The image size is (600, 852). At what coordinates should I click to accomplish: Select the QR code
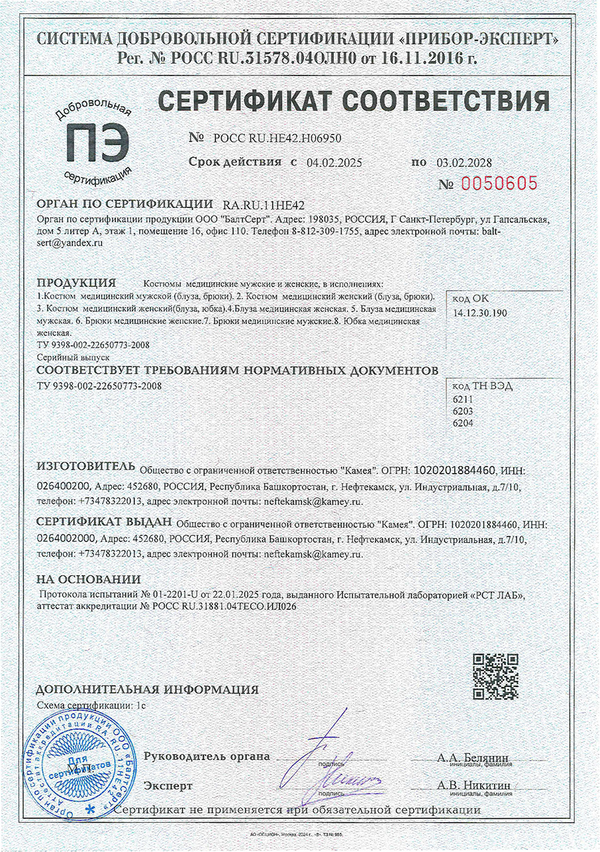pos(495,675)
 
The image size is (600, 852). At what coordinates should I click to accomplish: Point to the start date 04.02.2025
pos(335,162)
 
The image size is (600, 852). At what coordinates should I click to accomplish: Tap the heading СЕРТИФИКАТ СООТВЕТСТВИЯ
pos(354,101)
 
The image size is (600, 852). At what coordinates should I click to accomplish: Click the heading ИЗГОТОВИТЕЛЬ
pos(86,468)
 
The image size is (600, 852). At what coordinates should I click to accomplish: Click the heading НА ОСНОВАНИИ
pos(88,579)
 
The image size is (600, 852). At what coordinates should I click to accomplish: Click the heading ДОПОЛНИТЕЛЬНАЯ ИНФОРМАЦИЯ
pos(147,689)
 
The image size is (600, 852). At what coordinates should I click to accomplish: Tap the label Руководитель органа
pos(207,756)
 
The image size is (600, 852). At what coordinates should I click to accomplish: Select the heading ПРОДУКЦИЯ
pos(76,282)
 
